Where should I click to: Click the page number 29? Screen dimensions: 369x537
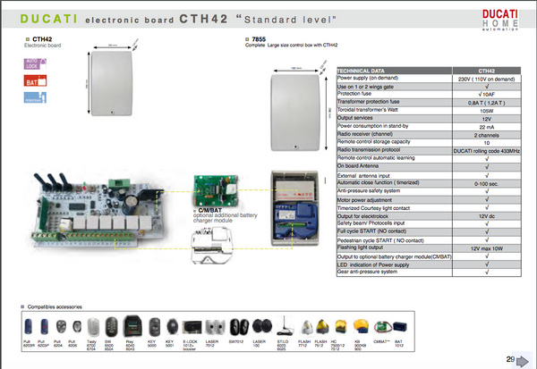[510, 359]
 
